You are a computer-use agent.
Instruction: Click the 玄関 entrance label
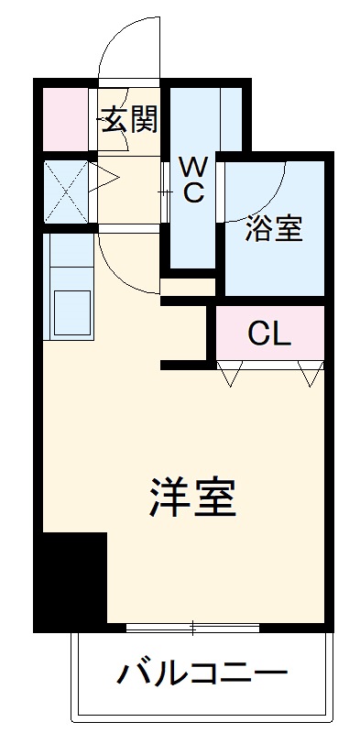pos(129,119)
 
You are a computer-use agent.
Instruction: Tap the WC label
pos(192,180)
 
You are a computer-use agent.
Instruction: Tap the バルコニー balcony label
pos(201,675)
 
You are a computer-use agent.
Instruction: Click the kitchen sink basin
pos(72,312)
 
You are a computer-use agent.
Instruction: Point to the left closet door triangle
pos(229,372)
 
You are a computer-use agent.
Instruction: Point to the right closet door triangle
pos(310,372)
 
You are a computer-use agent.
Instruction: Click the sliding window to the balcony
pos(193,628)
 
